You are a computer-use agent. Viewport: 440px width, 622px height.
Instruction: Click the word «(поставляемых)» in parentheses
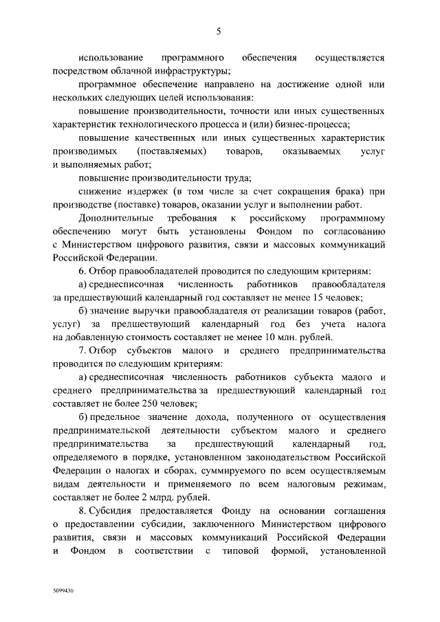point(172,150)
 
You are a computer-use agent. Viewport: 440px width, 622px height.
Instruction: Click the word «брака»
point(343,190)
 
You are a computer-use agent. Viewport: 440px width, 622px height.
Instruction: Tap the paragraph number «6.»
point(82,271)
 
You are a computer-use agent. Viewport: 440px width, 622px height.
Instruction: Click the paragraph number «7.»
point(82,351)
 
